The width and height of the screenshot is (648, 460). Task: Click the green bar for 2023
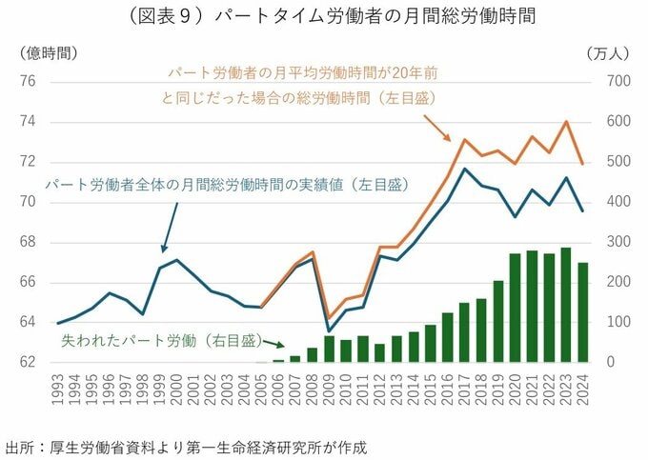click(x=566, y=305)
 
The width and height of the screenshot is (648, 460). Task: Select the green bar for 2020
click(x=515, y=308)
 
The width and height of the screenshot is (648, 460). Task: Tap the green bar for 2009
click(x=330, y=349)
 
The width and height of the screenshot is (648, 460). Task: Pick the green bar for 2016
click(x=448, y=337)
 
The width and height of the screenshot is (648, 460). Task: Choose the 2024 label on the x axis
click(x=582, y=387)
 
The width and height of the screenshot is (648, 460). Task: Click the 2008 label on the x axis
click(x=312, y=387)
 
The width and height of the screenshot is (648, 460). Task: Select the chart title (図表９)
click(x=324, y=16)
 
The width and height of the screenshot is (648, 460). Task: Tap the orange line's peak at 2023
click(x=566, y=122)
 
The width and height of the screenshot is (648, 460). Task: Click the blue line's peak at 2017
click(x=464, y=169)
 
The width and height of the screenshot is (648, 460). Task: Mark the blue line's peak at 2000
click(x=176, y=260)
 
